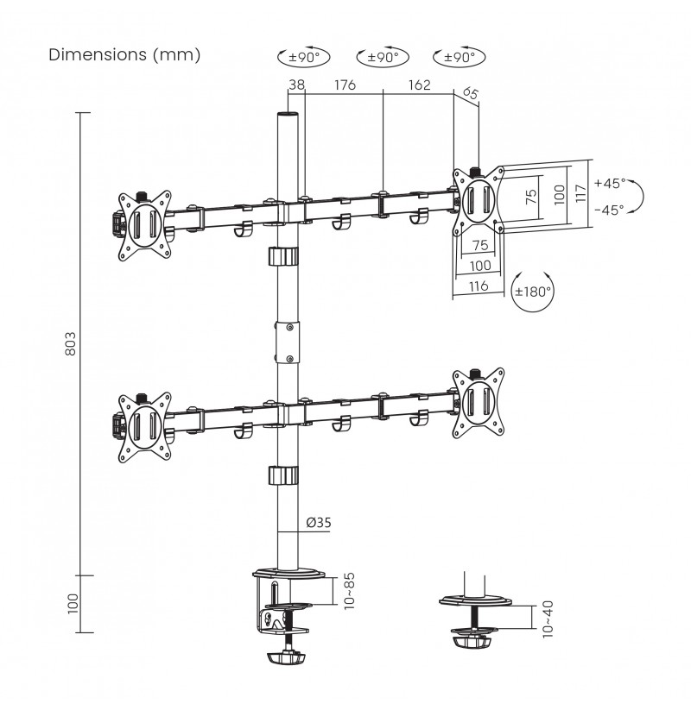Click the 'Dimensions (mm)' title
[124, 55]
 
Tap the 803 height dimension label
[71, 343]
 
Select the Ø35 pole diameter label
[319, 523]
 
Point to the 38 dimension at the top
[296, 85]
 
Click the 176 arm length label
[345, 85]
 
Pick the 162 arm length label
[420, 85]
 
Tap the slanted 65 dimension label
[470, 93]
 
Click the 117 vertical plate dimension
[580, 193]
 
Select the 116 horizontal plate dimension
[479, 286]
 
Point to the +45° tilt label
[610, 183]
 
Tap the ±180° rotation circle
[533, 291]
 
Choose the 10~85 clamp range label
[349, 591]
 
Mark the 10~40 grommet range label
[548, 619]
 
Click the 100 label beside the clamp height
[73, 604]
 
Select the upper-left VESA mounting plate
[144, 225]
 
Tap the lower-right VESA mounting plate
[479, 403]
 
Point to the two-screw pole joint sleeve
[288, 342]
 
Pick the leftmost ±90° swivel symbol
[304, 57]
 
